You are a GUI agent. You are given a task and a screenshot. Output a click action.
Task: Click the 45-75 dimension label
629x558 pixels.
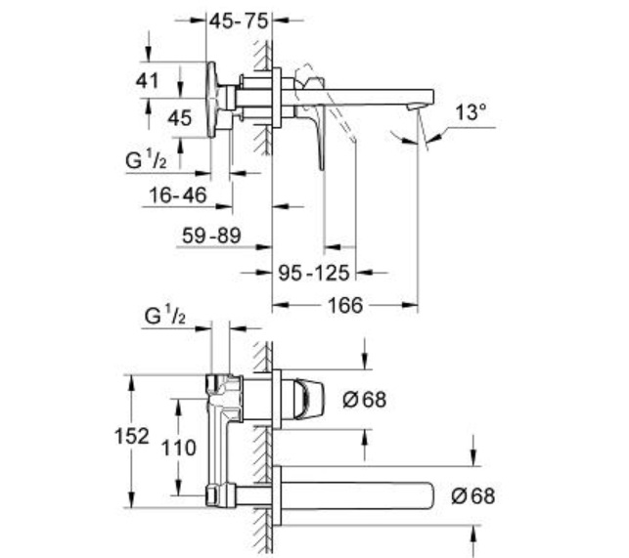click(x=239, y=21)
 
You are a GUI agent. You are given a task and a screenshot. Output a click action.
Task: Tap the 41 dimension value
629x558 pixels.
click(x=147, y=80)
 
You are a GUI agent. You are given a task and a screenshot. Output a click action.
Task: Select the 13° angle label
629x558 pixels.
click(x=471, y=111)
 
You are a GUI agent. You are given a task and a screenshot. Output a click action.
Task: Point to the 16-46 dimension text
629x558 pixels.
click(x=178, y=194)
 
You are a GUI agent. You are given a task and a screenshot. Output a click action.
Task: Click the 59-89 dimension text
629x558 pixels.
click(x=211, y=236)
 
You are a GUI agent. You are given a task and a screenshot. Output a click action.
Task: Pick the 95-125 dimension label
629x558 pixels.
click(x=314, y=273)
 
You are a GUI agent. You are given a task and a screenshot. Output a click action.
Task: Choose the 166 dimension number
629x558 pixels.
click(x=345, y=306)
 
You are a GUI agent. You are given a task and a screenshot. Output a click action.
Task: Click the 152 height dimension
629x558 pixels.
click(x=132, y=436)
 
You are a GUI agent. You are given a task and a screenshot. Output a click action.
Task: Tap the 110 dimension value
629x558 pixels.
click(x=178, y=448)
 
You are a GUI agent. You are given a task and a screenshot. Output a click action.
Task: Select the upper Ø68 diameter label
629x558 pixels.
click(x=365, y=400)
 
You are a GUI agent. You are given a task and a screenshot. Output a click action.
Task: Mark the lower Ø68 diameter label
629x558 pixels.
click(x=473, y=495)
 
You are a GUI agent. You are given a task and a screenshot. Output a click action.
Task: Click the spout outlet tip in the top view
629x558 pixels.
click(x=416, y=107)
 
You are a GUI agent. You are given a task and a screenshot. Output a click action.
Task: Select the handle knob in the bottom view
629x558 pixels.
click(x=308, y=400)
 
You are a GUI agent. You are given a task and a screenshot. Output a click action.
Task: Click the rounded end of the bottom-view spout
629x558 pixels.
click(x=430, y=495)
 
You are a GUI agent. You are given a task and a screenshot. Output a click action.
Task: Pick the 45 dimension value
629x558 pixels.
click(x=179, y=118)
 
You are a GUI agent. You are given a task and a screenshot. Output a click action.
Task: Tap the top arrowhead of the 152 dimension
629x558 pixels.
click(x=131, y=383)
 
